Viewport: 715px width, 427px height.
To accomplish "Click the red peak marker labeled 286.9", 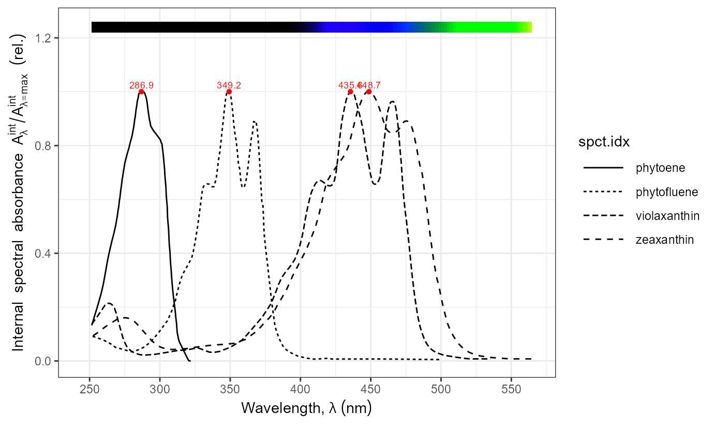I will coord(141,92).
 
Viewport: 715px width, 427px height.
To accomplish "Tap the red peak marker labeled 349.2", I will coord(229,92).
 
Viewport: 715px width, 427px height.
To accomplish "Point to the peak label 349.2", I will coord(229,85).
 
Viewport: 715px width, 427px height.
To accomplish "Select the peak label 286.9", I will coord(141,85).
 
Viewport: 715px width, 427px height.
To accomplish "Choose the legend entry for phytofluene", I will coord(667,192).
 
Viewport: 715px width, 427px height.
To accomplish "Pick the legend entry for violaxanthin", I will coord(667,216).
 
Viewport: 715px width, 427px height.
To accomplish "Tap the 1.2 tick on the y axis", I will coord(46,38).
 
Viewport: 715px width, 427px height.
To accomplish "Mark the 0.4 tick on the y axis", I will coord(46,254).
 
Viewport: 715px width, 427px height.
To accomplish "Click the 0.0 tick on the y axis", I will coord(46,361).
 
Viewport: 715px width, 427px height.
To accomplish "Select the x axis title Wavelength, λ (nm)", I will coord(306,409).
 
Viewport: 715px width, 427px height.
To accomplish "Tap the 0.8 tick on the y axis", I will coord(46,146).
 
